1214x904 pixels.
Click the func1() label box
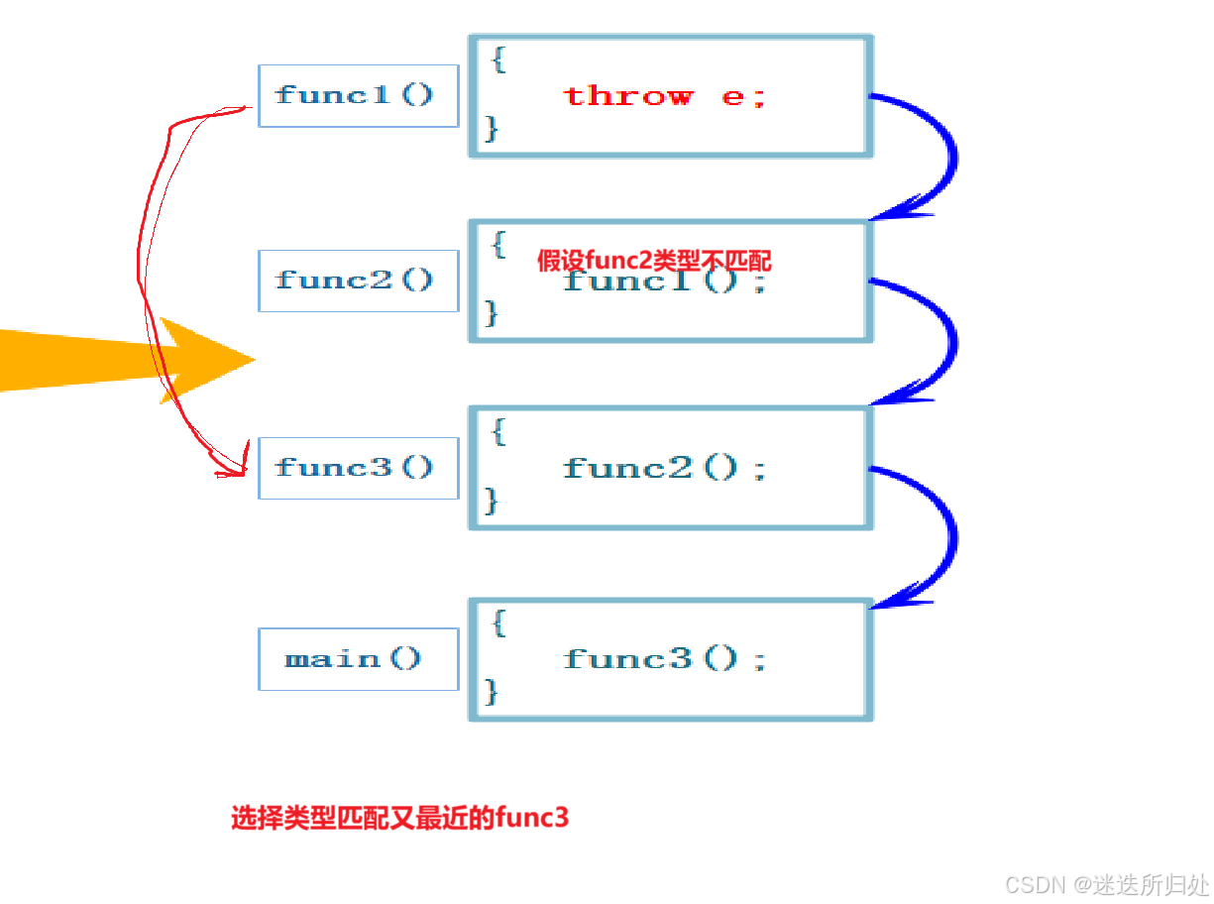click(x=357, y=95)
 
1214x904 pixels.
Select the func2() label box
click(x=357, y=281)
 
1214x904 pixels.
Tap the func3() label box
click(x=357, y=467)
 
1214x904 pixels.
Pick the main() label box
click(x=357, y=658)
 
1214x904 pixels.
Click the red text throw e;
click(x=664, y=96)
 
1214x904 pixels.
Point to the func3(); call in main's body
click(x=665, y=659)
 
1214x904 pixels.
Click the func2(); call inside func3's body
click(x=665, y=468)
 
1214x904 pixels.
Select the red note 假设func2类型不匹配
click(x=653, y=261)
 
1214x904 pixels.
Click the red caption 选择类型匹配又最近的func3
click(x=400, y=819)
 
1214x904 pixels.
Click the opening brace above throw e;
click(x=498, y=58)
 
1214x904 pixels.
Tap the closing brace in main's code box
click(x=492, y=691)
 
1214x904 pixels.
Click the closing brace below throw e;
click(x=492, y=128)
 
